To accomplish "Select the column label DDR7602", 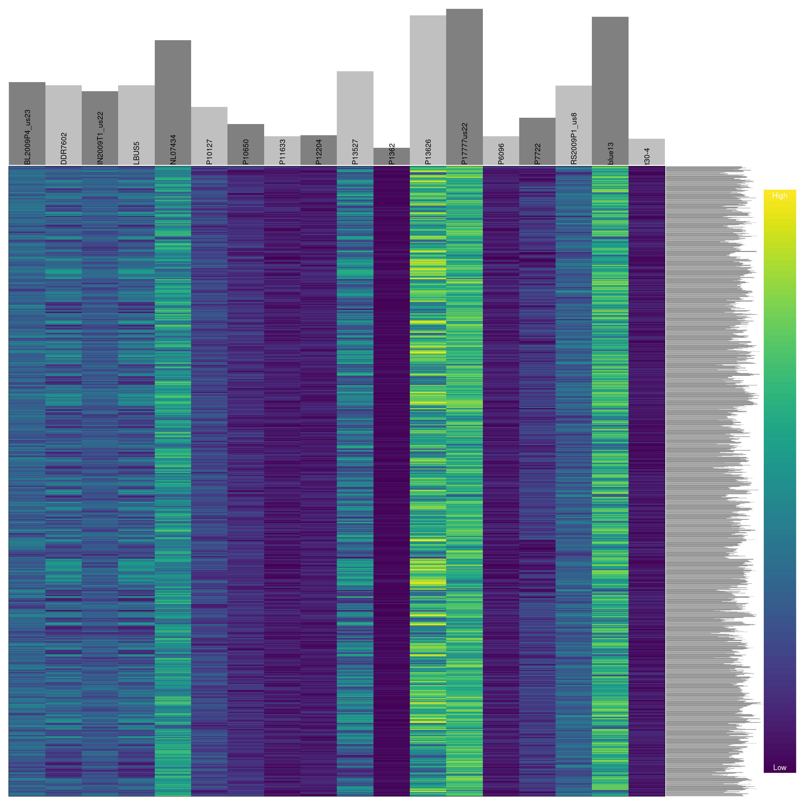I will [x=64, y=148].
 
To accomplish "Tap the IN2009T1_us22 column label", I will [x=100, y=138].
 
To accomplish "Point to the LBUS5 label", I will [x=136, y=153].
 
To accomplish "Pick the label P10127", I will [x=210, y=152].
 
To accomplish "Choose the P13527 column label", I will [x=355, y=152].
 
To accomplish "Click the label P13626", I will [x=428, y=152].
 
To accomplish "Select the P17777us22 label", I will [x=465, y=143].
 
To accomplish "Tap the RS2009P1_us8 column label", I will [x=574, y=138].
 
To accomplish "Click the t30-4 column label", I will [x=647, y=156].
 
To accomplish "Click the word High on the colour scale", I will [x=779, y=196].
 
